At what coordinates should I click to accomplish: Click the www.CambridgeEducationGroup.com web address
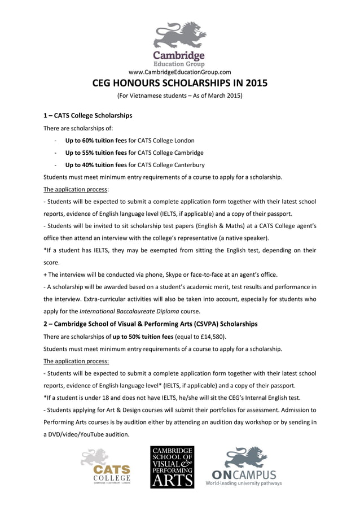pos(180,72)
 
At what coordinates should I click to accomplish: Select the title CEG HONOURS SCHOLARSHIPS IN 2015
pos(179,84)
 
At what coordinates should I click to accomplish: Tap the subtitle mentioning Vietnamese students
pos(179,96)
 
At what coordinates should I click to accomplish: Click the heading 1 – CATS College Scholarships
pos(88,115)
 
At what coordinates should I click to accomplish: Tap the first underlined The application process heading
pos(68,189)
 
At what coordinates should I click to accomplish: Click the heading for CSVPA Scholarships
pos(151,324)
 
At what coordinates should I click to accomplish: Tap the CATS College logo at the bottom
pos(106,467)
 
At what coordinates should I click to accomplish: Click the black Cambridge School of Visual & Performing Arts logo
pos(172,467)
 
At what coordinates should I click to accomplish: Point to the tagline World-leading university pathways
pos(244,483)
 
